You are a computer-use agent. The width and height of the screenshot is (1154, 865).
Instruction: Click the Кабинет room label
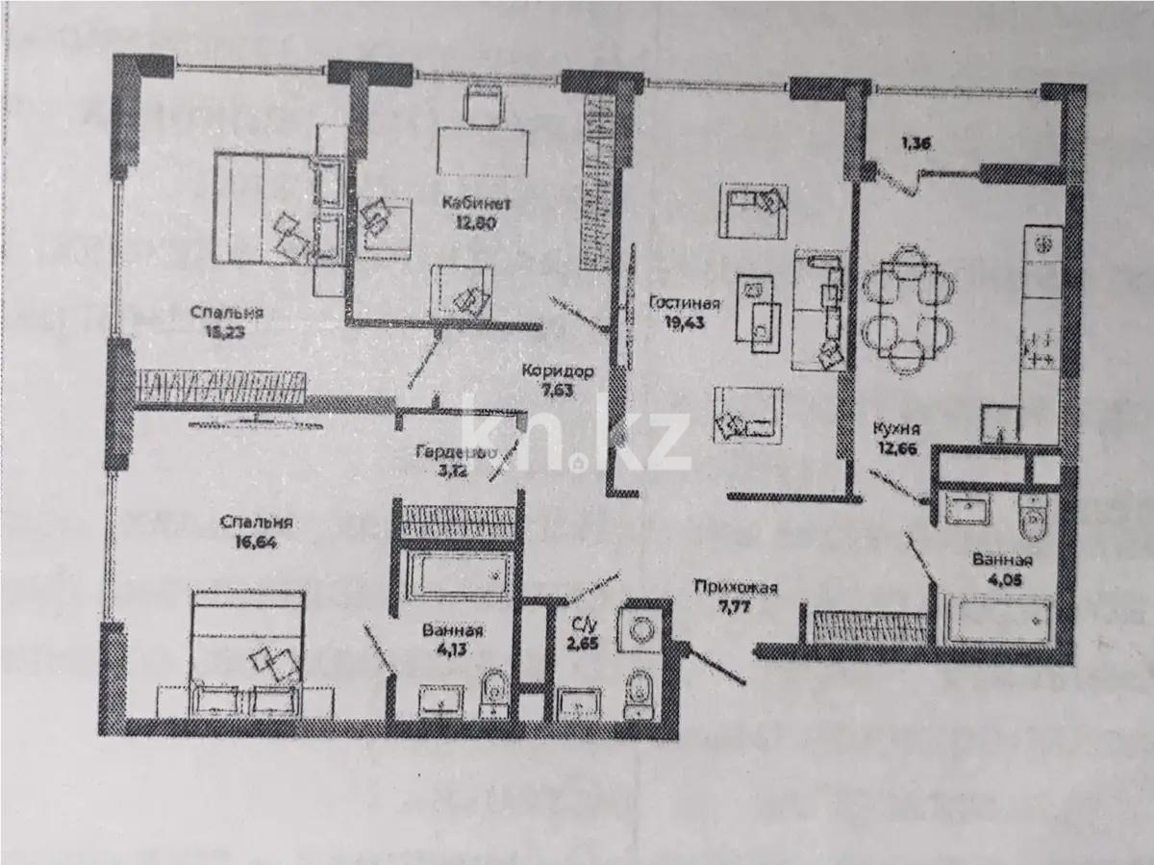click(x=469, y=203)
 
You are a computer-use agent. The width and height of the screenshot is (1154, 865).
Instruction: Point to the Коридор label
click(x=558, y=371)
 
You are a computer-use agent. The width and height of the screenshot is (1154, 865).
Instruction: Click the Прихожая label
click(x=736, y=590)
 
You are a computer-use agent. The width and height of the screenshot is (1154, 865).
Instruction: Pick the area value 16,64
click(x=254, y=542)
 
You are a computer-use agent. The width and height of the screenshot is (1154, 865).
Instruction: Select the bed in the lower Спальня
click(x=248, y=639)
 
